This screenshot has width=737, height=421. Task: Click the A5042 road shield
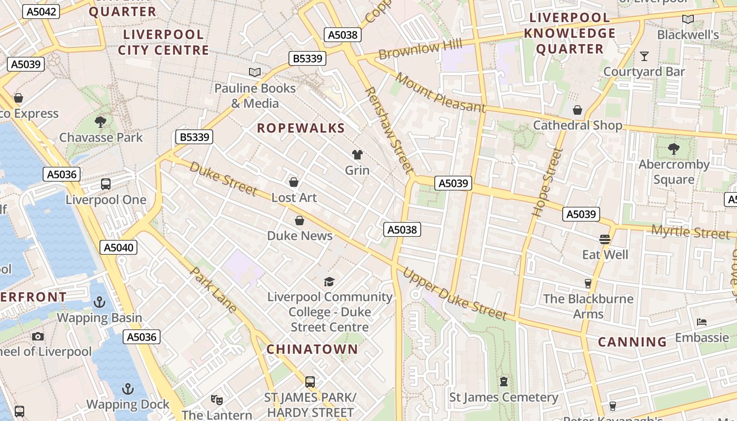tap(41, 12)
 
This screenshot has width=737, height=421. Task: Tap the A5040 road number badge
tap(119, 247)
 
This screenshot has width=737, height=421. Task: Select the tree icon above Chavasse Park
tap(101, 122)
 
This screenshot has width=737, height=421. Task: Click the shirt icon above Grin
tap(357, 155)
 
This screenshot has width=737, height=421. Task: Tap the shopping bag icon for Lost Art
tap(294, 182)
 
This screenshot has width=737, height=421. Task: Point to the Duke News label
tap(300, 236)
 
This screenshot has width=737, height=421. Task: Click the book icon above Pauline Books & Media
tap(255, 72)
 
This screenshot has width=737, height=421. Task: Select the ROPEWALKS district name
tap(301, 128)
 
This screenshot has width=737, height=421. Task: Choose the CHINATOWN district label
tap(312, 349)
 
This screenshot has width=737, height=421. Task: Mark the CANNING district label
tap(632, 342)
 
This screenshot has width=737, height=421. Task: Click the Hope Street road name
tap(548, 183)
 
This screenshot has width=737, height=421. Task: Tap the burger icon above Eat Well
tap(604, 239)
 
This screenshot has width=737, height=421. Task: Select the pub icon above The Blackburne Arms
tap(588, 284)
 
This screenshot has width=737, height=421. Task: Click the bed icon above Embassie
tap(702, 322)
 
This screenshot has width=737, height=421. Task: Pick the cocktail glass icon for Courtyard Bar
tap(644, 56)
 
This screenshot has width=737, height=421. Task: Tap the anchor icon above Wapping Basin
tap(99, 302)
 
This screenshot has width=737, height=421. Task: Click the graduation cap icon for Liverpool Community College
tap(329, 282)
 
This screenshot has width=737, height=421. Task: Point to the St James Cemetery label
tap(503, 397)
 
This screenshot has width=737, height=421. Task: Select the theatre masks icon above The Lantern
tap(216, 400)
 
